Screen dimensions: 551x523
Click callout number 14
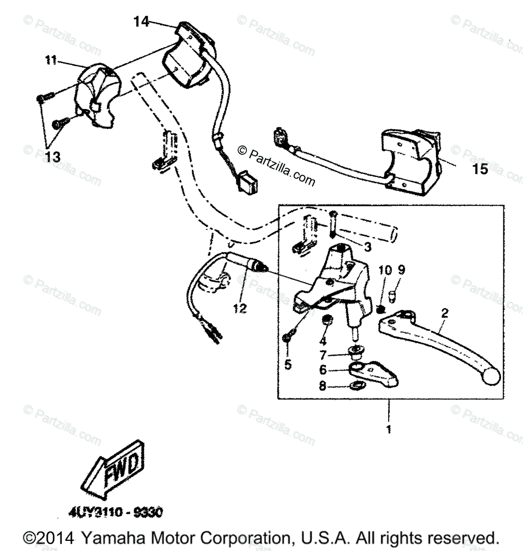click(x=141, y=21)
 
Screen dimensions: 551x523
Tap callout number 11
click(x=51, y=60)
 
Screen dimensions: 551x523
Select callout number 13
click(x=53, y=157)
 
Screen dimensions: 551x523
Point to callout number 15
click(x=480, y=169)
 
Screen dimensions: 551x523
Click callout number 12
click(x=239, y=309)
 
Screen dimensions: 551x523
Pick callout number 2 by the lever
click(x=444, y=313)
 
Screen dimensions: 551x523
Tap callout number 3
click(x=367, y=247)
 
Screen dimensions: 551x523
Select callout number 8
click(x=323, y=387)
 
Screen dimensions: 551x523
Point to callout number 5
click(x=287, y=365)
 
